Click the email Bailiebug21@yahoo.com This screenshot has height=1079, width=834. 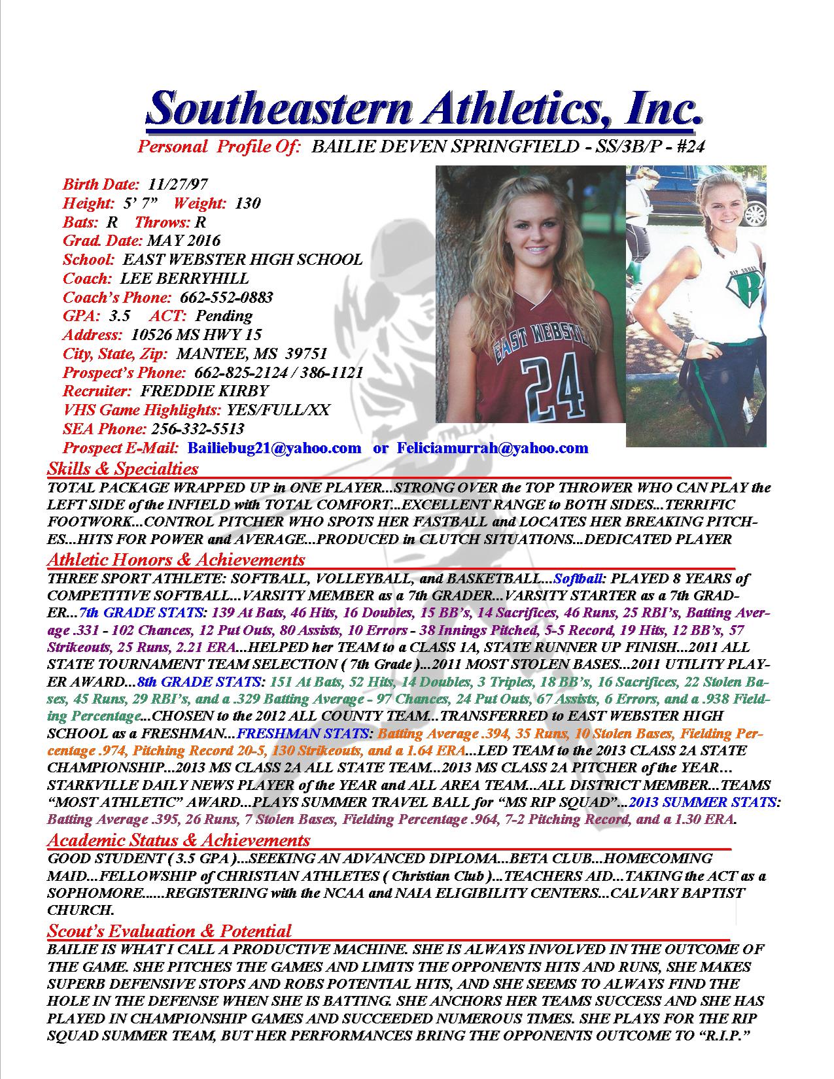click(x=274, y=449)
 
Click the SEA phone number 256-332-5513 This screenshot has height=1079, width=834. click(x=198, y=430)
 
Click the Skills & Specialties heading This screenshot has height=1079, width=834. click(x=123, y=469)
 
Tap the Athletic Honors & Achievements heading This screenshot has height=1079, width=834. click(x=176, y=560)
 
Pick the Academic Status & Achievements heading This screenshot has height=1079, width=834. click(x=179, y=840)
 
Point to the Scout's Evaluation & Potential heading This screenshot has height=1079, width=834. click(x=169, y=931)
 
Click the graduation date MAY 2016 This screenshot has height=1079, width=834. click(x=184, y=241)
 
